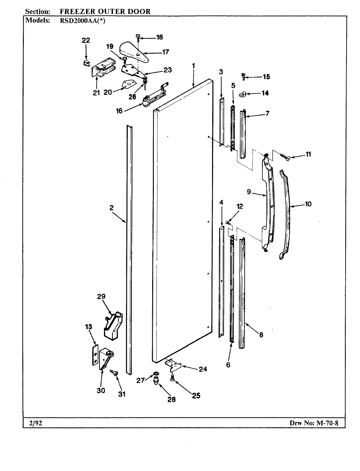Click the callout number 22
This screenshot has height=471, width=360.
pos(86,40)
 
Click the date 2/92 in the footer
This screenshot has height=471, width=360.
pos(33,423)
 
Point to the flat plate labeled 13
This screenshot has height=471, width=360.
pos(95,355)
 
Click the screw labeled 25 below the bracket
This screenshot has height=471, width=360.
pos(172,378)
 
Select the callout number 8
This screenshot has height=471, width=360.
pos(261,335)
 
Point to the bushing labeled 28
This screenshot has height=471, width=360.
pos(156,381)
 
